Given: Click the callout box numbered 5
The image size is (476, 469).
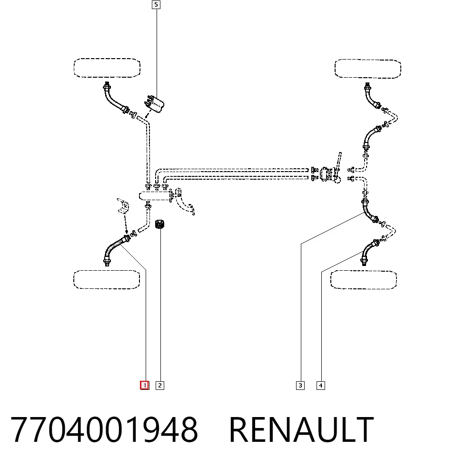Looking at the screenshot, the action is [156, 5].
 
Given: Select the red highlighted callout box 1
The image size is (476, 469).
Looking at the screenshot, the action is [145, 386].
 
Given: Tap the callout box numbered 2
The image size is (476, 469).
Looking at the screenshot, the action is [160, 386].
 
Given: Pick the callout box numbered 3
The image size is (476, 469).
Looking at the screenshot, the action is [300, 386].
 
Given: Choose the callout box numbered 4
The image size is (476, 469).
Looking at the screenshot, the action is [321, 386].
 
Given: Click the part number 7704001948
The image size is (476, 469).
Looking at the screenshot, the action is [104, 430].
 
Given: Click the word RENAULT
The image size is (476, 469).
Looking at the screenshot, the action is [301, 430].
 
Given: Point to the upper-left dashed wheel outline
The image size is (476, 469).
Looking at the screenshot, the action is [107, 59].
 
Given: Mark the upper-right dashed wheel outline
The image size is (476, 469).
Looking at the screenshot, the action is [368, 60].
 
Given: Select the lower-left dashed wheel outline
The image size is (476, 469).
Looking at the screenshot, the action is [107, 271].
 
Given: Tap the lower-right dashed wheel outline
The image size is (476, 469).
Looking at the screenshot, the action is [364, 271].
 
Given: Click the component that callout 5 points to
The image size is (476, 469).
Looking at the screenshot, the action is [154, 103].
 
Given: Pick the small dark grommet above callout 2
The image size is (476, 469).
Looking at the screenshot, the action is [159, 224].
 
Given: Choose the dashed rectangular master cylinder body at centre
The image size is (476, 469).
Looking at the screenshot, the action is [154, 196].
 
